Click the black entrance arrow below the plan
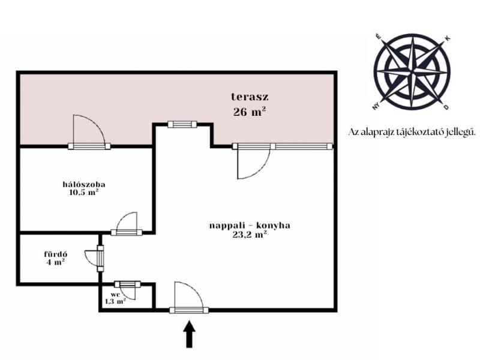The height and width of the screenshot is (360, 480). (190, 334)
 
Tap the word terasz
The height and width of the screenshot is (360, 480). (250, 97)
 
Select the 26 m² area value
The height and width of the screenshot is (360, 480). (249, 112)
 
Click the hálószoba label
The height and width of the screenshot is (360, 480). (84, 184)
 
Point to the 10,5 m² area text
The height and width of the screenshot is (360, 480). (84, 193)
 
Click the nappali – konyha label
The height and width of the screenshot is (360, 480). (250, 226)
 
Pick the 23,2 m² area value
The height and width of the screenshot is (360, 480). (250, 235)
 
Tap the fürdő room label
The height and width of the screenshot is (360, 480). (56, 254)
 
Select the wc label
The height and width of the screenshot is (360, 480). (115, 294)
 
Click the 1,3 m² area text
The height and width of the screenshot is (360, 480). (115, 301)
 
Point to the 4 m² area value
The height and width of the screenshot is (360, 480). (56, 262)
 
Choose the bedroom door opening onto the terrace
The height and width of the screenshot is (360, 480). (89, 131)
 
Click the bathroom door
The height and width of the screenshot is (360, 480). (94, 259)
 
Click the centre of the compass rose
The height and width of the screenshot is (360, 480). (412, 72)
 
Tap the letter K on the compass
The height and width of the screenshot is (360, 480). (448, 38)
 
